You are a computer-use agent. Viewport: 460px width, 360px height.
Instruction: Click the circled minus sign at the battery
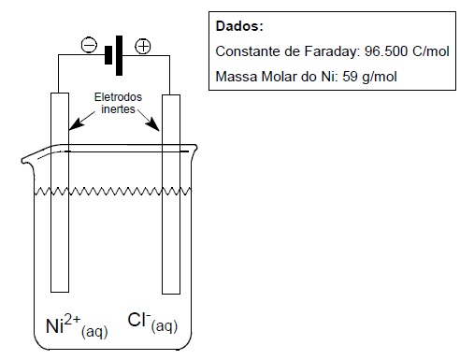click(89, 46)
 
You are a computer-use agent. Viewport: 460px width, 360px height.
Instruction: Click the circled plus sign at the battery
click(143, 47)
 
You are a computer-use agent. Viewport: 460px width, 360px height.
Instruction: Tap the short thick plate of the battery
click(108, 55)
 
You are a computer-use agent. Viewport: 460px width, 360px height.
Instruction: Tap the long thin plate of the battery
click(119, 55)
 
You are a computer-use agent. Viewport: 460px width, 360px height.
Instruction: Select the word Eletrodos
click(118, 97)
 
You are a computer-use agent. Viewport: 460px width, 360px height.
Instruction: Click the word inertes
click(118, 109)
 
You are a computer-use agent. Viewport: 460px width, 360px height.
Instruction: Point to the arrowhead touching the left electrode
click(76, 124)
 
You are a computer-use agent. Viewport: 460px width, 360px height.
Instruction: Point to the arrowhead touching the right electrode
click(153, 124)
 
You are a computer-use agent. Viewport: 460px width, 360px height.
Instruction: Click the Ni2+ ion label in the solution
click(77, 326)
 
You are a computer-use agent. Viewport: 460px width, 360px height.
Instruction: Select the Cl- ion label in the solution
click(152, 323)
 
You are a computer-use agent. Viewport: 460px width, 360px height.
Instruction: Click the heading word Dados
click(239, 26)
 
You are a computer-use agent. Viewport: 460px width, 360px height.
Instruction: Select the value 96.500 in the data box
click(386, 51)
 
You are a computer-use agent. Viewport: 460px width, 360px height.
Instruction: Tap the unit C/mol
click(431, 51)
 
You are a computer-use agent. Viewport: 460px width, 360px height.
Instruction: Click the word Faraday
click(332, 51)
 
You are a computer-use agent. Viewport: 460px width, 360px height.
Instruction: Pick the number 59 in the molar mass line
click(350, 77)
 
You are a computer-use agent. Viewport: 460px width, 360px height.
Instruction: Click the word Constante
click(248, 51)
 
